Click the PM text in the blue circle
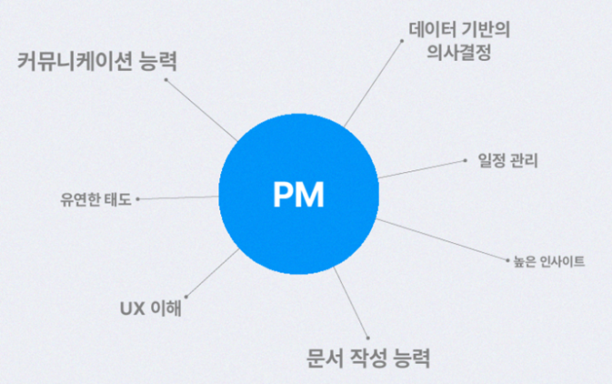[x=298, y=195]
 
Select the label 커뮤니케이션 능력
[x=96, y=63]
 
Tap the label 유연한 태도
[x=95, y=198]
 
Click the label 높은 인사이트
[x=548, y=262]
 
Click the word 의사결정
[x=459, y=53]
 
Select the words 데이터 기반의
[x=459, y=28]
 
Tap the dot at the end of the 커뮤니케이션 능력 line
[x=166, y=79]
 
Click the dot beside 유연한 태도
[x=137, y=197]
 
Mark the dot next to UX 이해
[x=185, y=295]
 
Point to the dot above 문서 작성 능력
[x=366, y=332]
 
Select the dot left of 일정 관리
[x=466, y=160]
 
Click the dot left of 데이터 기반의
[x=401, y=40]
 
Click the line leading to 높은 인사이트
[x=442, y=240]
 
